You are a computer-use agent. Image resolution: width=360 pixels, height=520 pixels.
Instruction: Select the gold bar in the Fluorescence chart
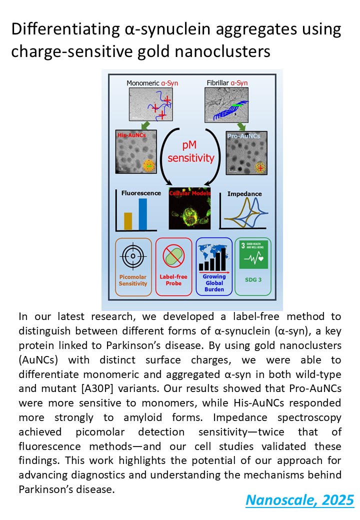(x=128, y=220)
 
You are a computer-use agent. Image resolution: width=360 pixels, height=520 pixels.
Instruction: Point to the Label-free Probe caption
(x=173, y=279)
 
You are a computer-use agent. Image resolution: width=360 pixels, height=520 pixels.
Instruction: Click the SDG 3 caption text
(x=253, y=279)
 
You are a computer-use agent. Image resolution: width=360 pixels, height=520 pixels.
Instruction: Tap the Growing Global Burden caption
(x=214, y=282)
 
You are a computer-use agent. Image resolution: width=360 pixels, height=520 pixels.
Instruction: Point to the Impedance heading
(x=244, y=193)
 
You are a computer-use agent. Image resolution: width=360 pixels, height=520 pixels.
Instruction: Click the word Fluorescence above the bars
(x=141, y=192)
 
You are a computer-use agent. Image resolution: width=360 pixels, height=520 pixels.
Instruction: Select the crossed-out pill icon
(x=173, y=256)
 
